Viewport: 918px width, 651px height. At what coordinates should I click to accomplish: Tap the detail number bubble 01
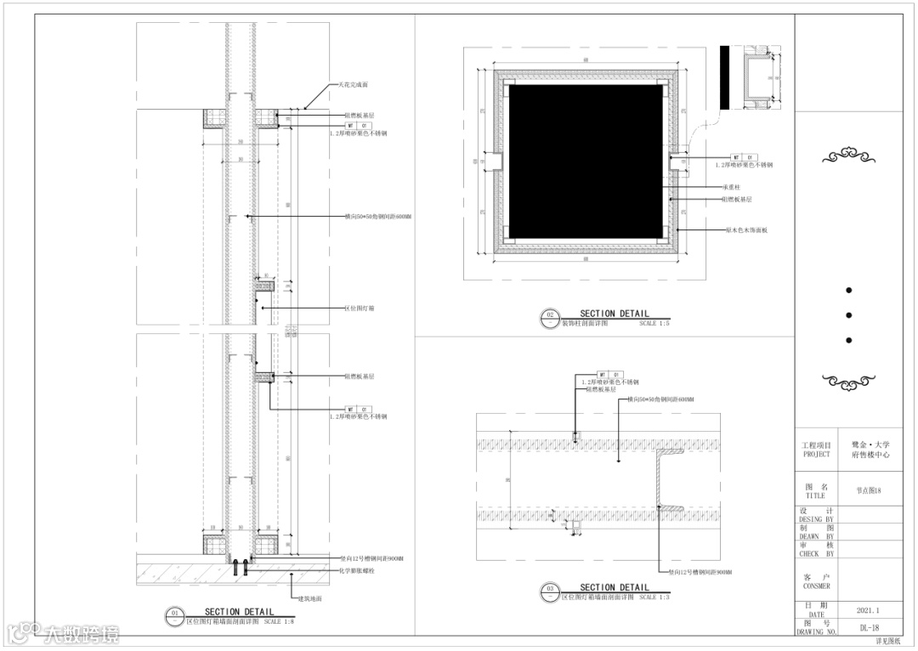point(174,614)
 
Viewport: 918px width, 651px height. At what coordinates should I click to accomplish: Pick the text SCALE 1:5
point(654,324)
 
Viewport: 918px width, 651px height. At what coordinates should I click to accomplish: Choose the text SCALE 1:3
point(654,597)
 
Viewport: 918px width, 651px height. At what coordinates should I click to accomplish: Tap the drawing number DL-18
point(869,628)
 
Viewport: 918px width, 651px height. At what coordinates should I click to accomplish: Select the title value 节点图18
point(869,491)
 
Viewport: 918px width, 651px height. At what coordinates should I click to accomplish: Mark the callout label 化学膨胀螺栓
point(358,570)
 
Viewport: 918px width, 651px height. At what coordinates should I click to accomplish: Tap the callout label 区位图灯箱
point(360,309)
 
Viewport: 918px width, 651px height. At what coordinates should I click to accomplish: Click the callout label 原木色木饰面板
point(746,229)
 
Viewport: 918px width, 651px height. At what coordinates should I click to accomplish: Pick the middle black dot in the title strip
point(848,315)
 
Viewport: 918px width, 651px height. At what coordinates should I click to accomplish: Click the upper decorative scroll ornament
point(848,156)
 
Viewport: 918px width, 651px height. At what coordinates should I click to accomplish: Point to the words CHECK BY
point(816,553)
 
